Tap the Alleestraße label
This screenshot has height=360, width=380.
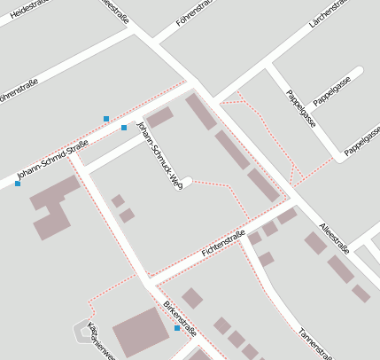pos(334,239)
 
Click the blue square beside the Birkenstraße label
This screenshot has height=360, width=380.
pos(177,329)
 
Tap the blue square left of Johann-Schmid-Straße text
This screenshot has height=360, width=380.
pos(18,184)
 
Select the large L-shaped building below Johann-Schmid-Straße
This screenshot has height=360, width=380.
pos(55,205)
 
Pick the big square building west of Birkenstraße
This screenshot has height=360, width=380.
pos(137,332)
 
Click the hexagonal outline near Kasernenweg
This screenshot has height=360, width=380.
pos(81,330)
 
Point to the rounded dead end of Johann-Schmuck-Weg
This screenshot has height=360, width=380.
pos(187,182)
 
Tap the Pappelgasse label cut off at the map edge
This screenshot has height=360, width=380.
pos(363,141)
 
